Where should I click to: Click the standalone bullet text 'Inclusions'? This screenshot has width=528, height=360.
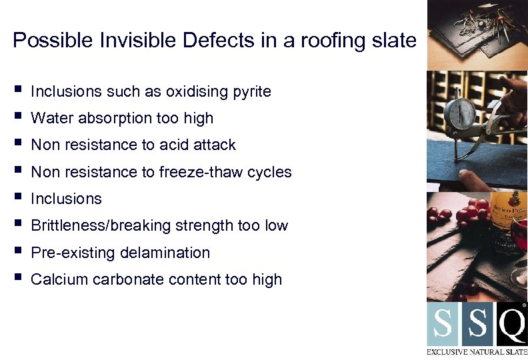coord(66,199)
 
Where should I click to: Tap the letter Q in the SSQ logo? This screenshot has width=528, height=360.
coord(511,325)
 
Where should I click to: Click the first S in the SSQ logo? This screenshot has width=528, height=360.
coord(443,325)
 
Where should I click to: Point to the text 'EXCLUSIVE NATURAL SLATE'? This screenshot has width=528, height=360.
coord(477,351)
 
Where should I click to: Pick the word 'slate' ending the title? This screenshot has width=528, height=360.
coord(397,41)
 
